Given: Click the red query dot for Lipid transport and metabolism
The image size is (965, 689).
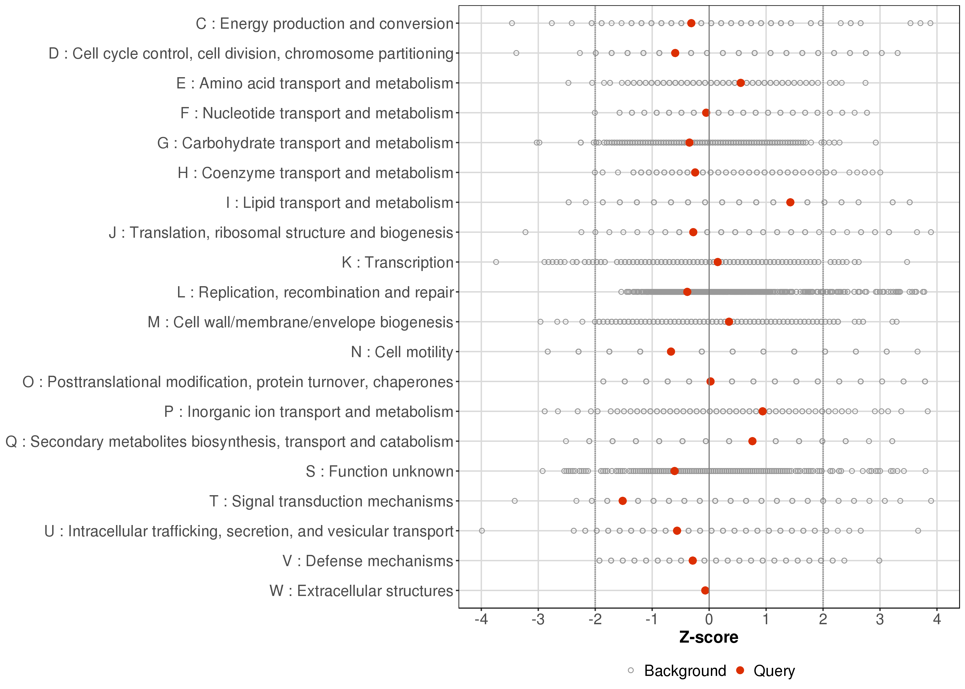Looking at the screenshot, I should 790,202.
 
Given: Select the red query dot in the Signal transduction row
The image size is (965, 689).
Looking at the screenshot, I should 622,501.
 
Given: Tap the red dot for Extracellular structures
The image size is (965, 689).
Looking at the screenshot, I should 705,590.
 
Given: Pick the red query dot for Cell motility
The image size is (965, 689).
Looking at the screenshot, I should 671,352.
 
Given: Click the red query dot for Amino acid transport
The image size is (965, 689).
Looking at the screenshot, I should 741,83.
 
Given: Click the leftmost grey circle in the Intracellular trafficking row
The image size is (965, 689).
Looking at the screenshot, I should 482,531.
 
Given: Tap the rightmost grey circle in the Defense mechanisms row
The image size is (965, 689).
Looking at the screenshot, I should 879,561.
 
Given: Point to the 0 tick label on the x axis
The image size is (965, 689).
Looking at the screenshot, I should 709,620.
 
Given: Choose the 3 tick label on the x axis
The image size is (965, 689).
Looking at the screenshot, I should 880,620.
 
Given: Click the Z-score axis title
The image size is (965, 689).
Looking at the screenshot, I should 709,638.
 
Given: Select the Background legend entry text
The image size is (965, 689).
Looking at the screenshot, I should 685,671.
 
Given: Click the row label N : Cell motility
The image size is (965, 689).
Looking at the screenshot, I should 402,352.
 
